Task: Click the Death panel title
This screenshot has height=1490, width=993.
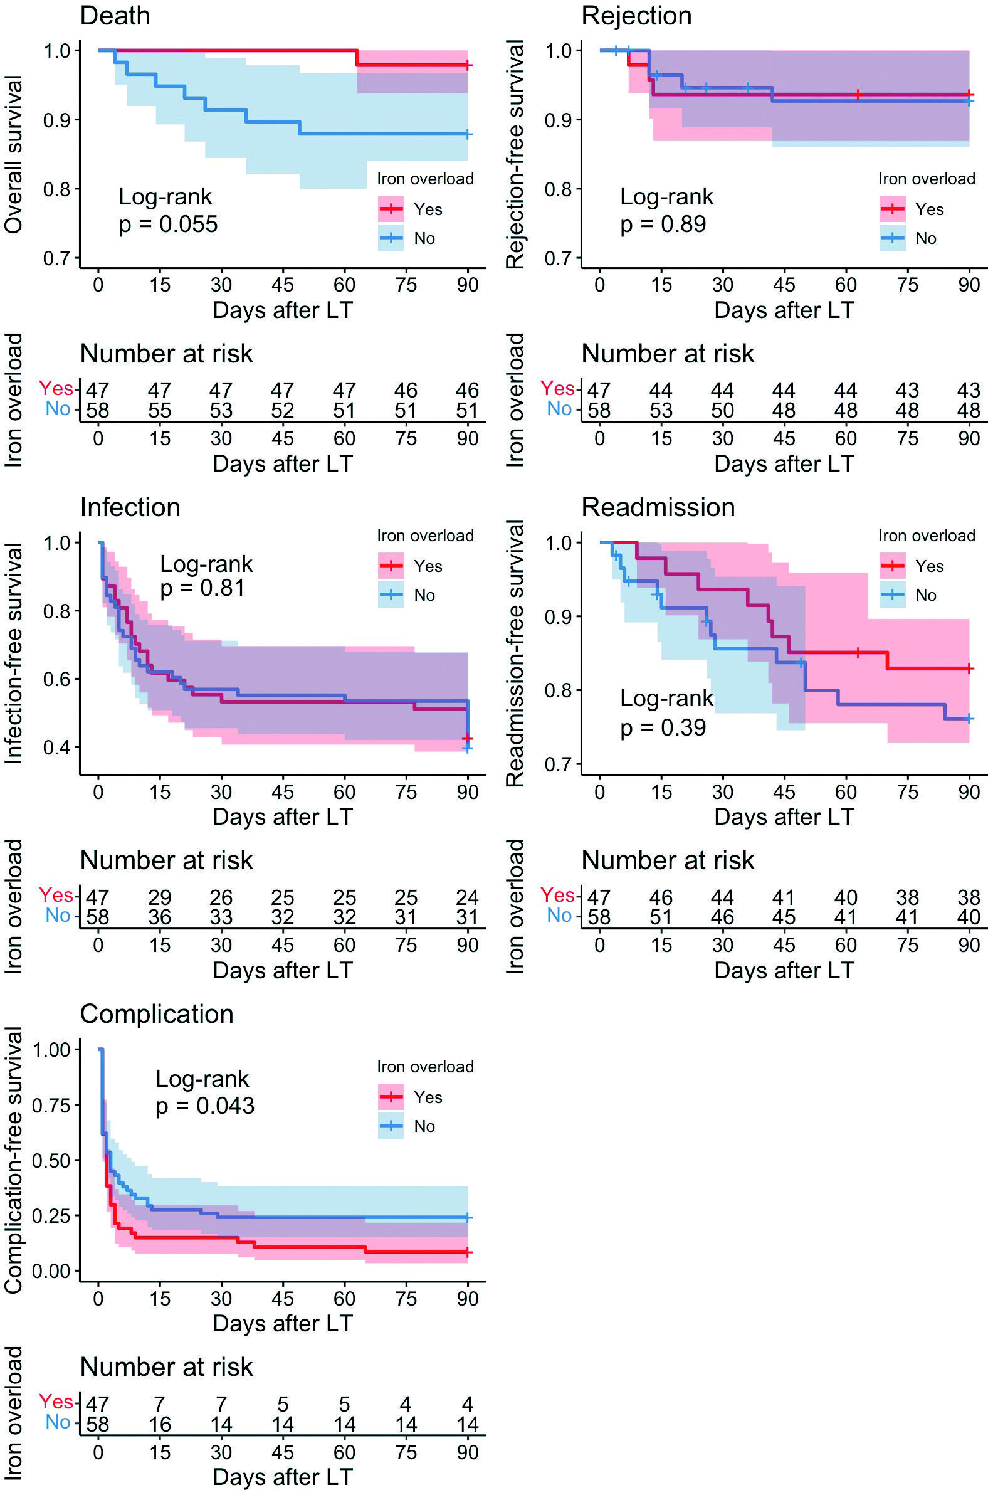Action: (115, 16)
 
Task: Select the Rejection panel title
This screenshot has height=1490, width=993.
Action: (636, 16)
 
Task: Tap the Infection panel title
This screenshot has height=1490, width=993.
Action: (130, 507)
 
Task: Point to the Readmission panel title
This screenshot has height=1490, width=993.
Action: (658, 507)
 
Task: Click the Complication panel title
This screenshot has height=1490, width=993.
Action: (157, 1014)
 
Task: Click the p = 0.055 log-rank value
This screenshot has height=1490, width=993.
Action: (168, 225)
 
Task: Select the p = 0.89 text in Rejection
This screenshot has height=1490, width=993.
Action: (663, 225)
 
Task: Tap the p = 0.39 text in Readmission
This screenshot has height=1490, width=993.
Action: (663, 727)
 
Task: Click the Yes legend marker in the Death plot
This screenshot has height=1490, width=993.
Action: (391, 209)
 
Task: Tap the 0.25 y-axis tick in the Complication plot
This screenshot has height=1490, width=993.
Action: (53, 1216)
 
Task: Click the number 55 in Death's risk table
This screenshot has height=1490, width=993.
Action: (160, 411)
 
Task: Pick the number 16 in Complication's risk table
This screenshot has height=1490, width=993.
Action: (160, 1424)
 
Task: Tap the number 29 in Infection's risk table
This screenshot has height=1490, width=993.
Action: (160, 897)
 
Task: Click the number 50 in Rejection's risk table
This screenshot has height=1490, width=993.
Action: (722, 411)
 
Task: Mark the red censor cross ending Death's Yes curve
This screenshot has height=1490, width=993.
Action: (468, 65)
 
